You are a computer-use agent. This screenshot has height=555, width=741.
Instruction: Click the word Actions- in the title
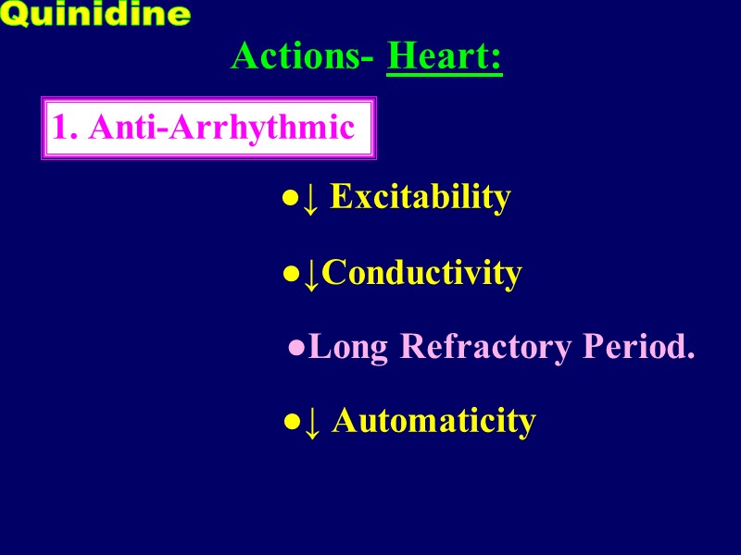coord(302,56)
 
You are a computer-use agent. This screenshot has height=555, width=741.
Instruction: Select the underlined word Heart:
coord(445,56)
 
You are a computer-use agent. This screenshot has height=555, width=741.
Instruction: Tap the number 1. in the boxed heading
coord(65,128)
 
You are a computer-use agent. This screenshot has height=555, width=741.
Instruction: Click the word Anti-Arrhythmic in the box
coord(222,128)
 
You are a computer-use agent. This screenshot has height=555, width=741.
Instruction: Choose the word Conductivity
coord(422,273)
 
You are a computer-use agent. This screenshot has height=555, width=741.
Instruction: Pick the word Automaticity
coord(433,421)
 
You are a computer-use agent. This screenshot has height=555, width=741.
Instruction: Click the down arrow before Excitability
coord(312,198)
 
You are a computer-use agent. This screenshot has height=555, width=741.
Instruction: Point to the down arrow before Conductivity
coord(312,274)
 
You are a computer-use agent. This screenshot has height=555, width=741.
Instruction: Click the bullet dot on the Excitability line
coord(290,199)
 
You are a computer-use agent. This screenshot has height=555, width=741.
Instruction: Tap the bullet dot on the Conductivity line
coord(290,275)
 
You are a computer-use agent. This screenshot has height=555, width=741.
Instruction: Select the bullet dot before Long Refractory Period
coord(296,350)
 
